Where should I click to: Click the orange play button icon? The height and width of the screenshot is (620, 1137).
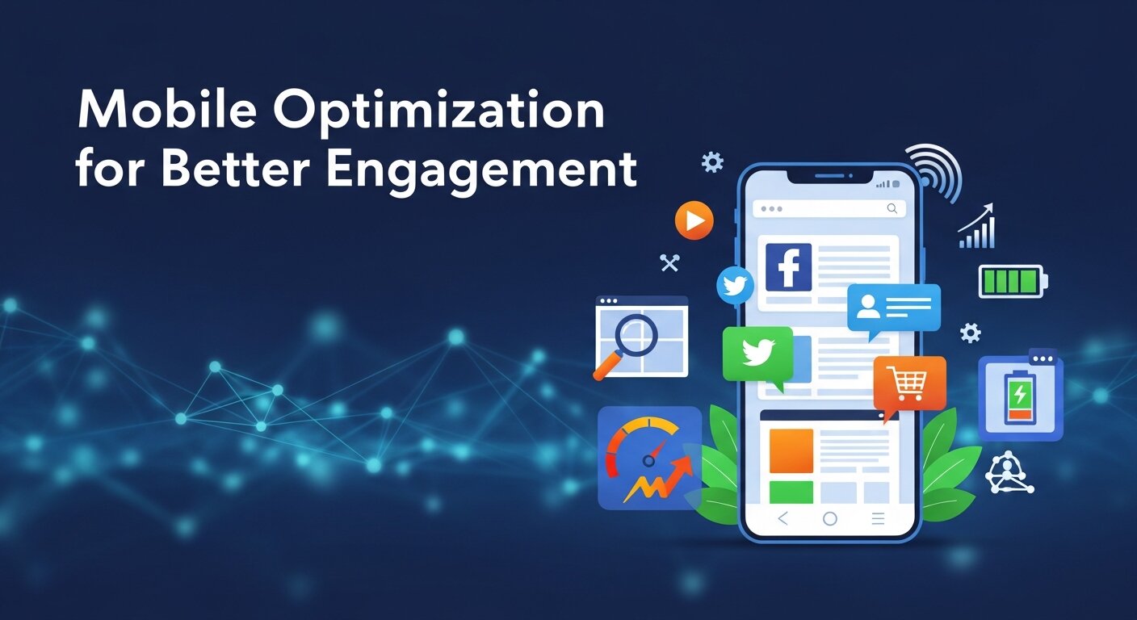click(x=694, y=220)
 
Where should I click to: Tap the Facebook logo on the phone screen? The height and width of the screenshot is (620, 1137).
click(x=788, y=267)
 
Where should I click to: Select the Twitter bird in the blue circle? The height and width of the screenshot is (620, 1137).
click(x=735, y=286)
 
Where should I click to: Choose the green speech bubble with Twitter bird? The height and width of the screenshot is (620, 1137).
click(x=757, y=354)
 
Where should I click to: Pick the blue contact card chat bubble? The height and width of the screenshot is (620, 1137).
click(x=893, y=307)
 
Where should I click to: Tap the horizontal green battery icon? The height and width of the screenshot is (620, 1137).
click(x=1012, y=282)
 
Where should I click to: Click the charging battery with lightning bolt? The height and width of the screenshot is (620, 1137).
click(x=1020, y=396)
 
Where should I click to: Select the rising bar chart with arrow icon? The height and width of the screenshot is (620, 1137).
click(x=977, y=228)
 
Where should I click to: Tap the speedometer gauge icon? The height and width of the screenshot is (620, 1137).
click(x=649, y=457)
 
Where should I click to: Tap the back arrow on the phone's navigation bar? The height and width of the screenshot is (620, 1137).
click(x=782, y=519)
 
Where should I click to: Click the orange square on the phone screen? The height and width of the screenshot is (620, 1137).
click(x=791, y=450)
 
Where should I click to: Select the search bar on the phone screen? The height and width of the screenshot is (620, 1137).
click(x=829, y=208)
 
